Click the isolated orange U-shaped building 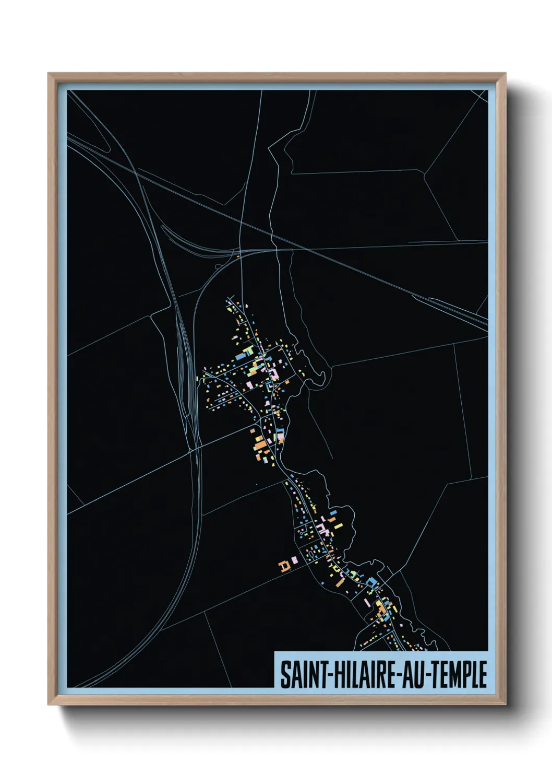click(284, 565)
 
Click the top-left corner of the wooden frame click(49, 74)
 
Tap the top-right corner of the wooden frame click(505, 74)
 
